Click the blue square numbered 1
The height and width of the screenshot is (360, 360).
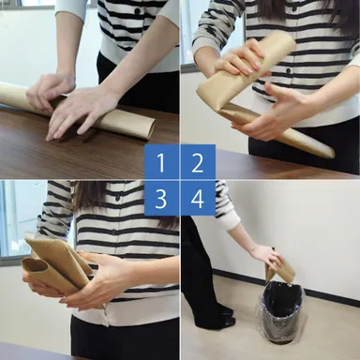click(161, 162)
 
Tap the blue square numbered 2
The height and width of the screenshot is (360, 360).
click(198, 162)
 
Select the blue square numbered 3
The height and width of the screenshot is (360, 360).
click(161, 199)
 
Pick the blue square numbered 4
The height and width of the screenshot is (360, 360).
click(198, 199)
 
